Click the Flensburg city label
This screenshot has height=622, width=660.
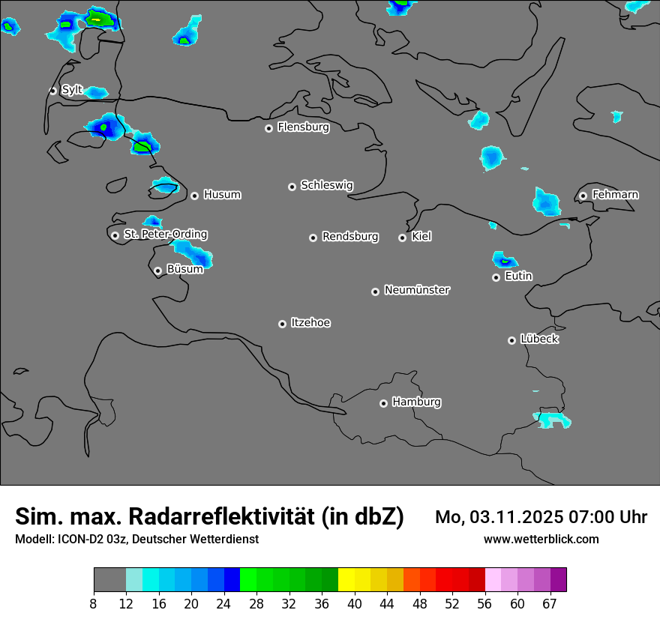(303, 127)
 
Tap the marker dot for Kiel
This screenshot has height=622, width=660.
(402, 238)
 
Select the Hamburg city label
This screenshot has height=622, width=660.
(416, 402)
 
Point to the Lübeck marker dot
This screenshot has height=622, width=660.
(511, 340)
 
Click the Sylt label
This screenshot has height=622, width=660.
(72, 90)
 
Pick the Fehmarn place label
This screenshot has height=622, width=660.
(615, 195)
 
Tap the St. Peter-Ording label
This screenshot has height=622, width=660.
(165, 235)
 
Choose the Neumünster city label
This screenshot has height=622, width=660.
(417, 290)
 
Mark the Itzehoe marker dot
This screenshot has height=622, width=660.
(282, 324)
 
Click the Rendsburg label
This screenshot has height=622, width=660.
(350, 237)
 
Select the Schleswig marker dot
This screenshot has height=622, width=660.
(292, 187)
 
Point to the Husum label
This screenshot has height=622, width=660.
(222, 195)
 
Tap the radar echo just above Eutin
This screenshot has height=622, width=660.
(505, 260)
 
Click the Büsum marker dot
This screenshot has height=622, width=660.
(157, 271)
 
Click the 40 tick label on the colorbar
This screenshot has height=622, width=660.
(355, 604)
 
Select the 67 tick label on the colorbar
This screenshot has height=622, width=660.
(550, 604)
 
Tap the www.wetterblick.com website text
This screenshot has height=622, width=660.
(541, 539)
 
